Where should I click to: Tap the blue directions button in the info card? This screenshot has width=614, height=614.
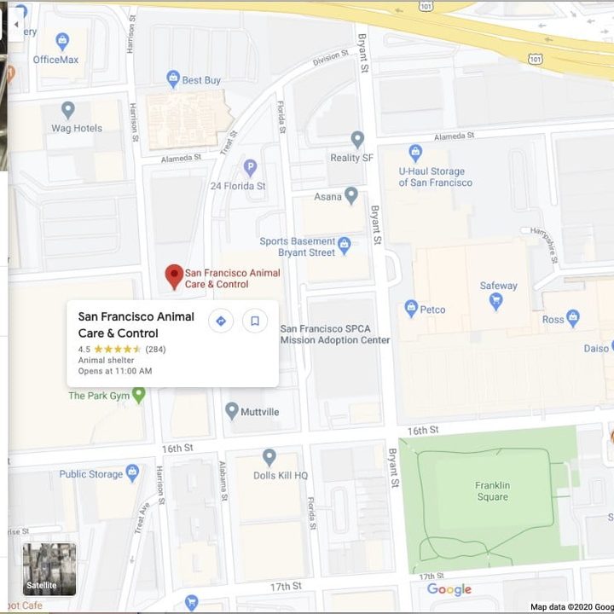[221, 321]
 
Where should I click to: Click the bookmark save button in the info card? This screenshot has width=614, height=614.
[254, 321]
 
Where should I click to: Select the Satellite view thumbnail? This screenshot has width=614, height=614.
[49, 569]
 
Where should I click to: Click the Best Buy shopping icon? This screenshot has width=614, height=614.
[173, 79]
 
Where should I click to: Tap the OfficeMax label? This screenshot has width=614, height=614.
[55, 60]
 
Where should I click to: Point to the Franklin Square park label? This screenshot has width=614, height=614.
[492, 491]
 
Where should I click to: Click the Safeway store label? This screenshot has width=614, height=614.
[498, 286]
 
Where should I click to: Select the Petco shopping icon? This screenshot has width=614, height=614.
[411, 309]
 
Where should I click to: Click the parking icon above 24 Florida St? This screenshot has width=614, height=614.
[250, 168]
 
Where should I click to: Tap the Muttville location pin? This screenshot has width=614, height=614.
[231, 411]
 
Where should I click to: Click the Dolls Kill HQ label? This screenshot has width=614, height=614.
[280, 475]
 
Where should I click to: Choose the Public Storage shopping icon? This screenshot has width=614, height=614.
[132, 473]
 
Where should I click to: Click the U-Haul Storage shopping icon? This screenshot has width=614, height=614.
[415, 153]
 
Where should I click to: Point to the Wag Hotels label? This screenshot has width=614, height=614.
[77, 128]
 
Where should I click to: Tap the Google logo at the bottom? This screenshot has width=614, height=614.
[449, 589]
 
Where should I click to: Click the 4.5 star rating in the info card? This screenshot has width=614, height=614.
[118, 349]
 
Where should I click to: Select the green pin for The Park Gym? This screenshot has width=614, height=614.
[139, 395]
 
